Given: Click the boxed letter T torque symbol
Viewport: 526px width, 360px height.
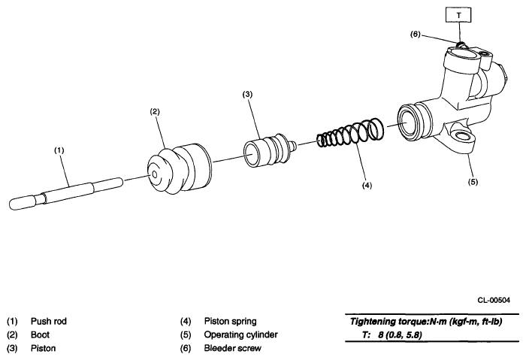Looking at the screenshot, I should coord(458,14).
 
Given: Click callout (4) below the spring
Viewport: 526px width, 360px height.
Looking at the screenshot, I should coord(366,184).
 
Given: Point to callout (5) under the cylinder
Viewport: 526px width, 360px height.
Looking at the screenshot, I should coord(471,180).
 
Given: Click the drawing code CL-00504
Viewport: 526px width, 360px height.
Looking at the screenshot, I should coord(493,299).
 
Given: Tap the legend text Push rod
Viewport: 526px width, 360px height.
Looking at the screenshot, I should coord(48,322).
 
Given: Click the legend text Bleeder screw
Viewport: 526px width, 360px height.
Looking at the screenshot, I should coord(232,349).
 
